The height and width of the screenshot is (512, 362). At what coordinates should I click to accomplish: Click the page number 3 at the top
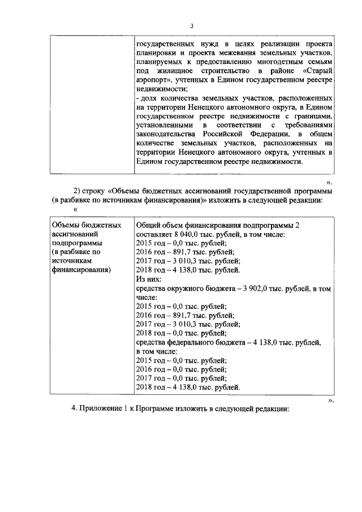[x=192, y=26]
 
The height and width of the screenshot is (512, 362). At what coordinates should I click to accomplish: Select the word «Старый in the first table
[x=317, y=71]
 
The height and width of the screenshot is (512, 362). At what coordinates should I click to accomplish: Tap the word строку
[x=96, y=191]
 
